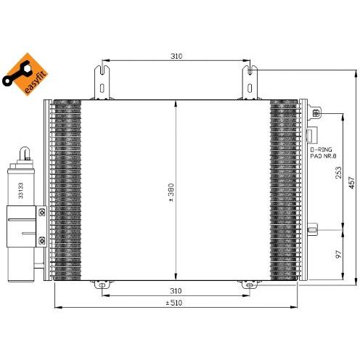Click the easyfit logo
(x=25, y=74)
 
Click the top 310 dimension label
(x=176, y=56)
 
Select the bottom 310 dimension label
(x=176, y=291)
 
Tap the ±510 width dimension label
(x=174, y=303)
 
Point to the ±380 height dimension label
(x=171, y=192)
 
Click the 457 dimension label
(x=351, y=183)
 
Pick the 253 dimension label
(x=339, y=173)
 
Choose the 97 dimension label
(x=339, y=254)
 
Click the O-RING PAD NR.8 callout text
(x=323, y=152)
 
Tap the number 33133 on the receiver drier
(x=20, y=191)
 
